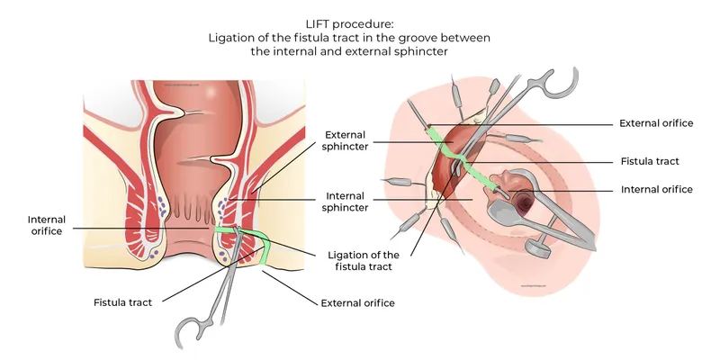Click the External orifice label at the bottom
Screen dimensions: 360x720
357,303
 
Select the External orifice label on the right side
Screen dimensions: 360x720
656,123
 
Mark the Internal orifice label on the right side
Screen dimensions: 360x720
656,190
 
